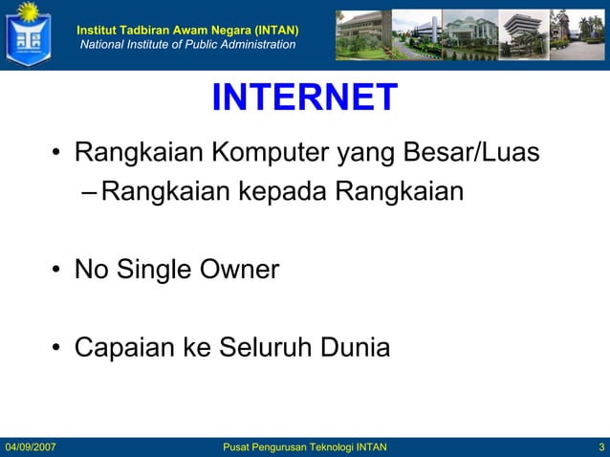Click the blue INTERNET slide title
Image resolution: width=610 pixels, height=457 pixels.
click(x=304, y=98)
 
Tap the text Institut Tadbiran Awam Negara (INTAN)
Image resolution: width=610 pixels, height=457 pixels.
click(x=187, y=30)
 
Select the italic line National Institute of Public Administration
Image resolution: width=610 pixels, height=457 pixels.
click(x=187, y=45)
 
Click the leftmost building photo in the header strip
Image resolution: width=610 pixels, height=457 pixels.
click(x=362, y=35)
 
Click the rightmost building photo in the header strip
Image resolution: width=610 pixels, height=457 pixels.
click(x=577, y=35)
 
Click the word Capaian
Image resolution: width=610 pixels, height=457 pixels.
click(x=124, y=347)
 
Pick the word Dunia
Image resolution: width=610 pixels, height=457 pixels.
click(x=355, y=347)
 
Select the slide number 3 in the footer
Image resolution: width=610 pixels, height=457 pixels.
click(x=599, y=447)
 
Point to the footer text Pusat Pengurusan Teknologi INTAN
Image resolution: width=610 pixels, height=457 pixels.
click(x=304, y=447)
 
